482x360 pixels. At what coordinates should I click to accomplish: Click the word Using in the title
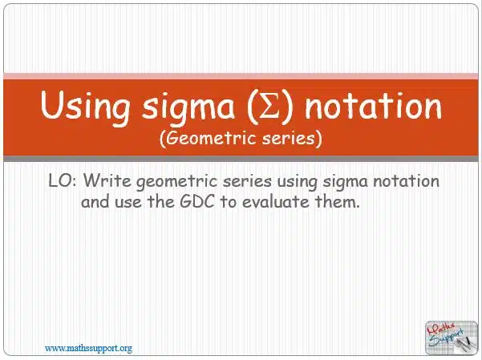[85, 106]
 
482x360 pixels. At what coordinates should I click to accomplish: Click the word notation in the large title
[373, 105]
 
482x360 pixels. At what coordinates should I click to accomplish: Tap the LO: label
[63, 180]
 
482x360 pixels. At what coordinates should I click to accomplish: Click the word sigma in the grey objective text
[345, 181]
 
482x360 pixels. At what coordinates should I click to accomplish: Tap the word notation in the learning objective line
[406, 180]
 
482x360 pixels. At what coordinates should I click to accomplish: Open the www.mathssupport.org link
[88, 349]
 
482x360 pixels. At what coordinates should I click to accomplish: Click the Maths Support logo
[452, 338]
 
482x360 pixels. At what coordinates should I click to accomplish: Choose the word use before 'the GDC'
[128, 203]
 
